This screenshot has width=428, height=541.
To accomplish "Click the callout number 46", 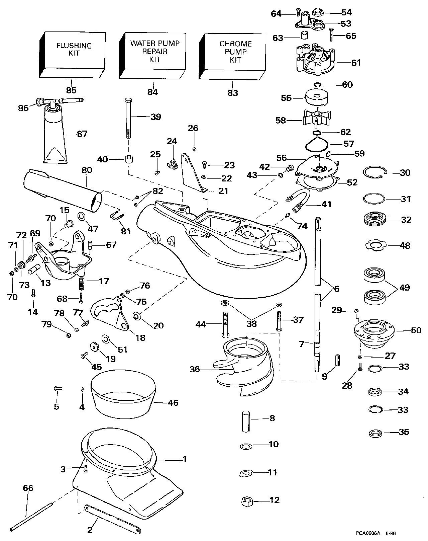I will tap(173, 402).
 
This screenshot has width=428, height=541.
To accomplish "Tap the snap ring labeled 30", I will tap(376, 173).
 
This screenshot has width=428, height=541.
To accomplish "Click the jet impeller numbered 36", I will tap(246, 363).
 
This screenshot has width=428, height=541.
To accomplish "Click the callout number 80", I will tap(87, 170).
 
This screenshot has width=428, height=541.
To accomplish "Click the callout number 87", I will tap(82, 134).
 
